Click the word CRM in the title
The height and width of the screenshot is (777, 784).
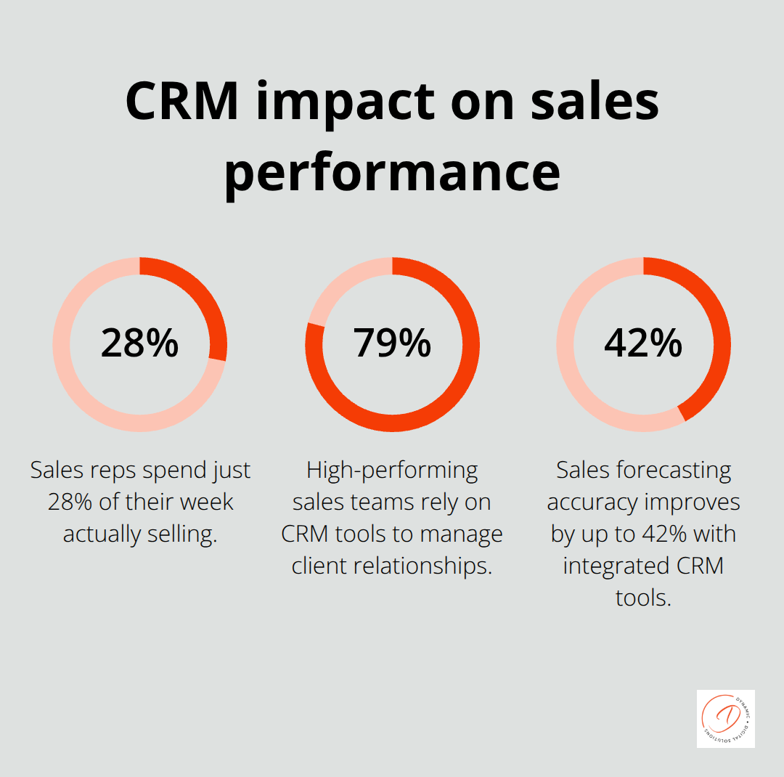tap(182, 101)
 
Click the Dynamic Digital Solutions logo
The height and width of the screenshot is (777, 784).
tap(725, 718)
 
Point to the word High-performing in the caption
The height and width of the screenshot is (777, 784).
tap(392, 471)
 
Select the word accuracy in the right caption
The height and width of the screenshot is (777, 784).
tap(593, 503)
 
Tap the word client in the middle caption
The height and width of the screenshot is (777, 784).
tap(318, 566)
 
